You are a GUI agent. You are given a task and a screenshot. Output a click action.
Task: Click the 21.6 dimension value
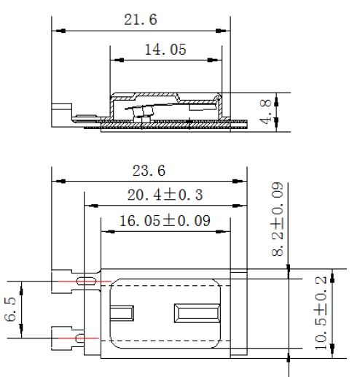point(141,20)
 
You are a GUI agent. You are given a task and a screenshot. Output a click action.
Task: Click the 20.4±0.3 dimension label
point(165,195)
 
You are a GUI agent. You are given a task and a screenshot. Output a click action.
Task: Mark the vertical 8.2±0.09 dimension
point(278,219)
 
